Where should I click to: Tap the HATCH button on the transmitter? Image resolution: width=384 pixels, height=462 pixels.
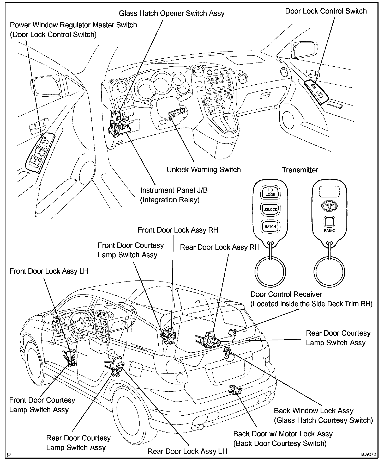click(270, 226)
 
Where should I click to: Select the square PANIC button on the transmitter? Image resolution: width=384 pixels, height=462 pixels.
click(329, 222)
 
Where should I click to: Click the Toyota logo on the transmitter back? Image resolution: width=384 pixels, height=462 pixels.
click(329, 205)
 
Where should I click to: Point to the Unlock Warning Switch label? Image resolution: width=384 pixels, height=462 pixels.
click(203, 170)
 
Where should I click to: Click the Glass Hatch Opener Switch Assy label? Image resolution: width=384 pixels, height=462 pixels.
click(172, 13)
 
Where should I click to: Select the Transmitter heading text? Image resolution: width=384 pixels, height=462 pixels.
click(300, 170)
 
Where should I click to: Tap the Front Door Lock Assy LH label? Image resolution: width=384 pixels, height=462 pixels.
click(49, 271)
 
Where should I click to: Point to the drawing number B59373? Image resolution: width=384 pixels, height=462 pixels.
click(368, 454)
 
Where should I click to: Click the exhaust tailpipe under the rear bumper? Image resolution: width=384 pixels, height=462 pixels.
click(200, 427)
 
